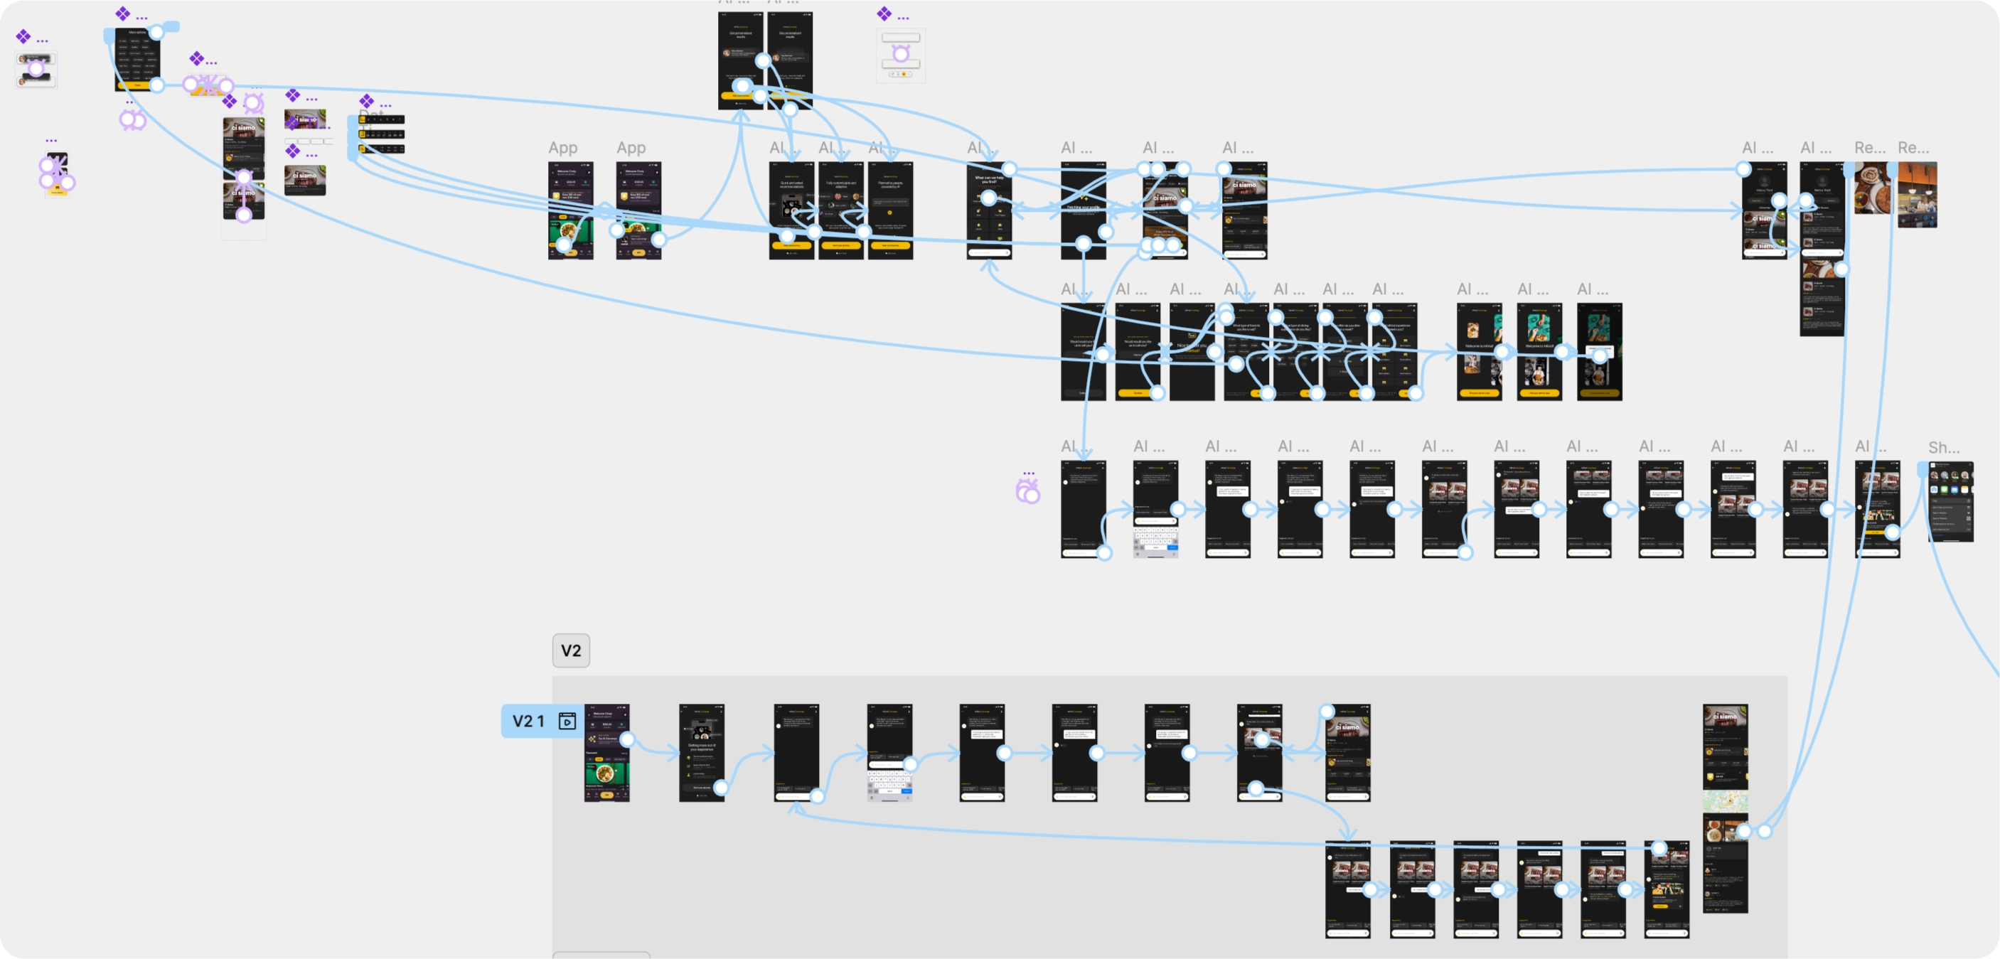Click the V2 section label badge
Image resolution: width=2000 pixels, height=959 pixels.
571,650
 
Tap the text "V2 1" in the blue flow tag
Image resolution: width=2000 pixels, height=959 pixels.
528,722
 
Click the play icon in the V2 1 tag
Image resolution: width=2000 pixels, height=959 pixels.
567,722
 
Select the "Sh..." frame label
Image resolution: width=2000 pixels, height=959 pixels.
1943,448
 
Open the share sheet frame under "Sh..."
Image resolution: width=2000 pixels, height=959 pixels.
1950,502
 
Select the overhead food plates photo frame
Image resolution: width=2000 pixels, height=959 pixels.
1871,188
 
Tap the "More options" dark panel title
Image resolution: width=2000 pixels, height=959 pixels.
137,33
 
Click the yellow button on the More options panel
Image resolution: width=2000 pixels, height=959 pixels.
137,85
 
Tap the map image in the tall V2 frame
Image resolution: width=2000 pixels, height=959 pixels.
1725,800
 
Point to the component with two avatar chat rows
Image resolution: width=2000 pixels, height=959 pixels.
36,70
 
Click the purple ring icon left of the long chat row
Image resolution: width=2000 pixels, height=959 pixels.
1028,491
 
